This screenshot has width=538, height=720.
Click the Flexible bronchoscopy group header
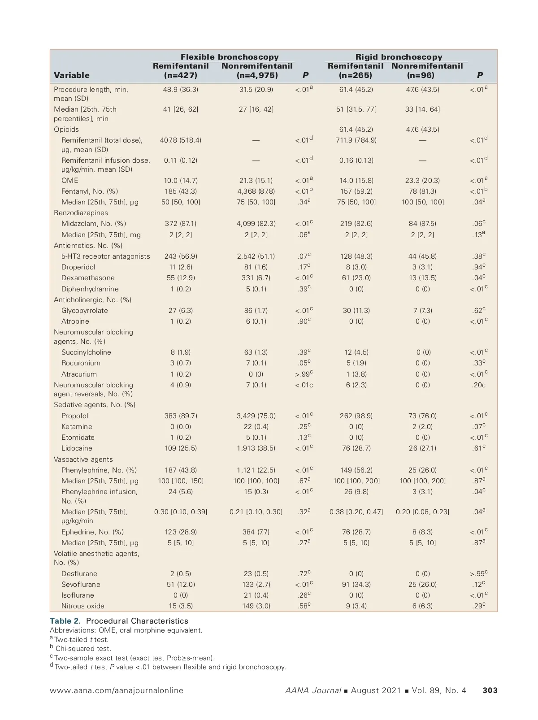(x=229, y=57)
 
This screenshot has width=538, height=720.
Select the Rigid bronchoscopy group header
(x=399, y=57)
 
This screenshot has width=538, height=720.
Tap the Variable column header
(x=72, y=75)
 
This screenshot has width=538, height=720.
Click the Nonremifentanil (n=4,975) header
(x=257, y=71)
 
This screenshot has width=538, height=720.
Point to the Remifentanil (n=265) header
(x=356, y=71)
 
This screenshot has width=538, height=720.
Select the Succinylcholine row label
(x=86, y=352)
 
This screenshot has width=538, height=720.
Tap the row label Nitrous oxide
(x=83, y=606)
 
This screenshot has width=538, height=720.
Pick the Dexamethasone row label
(x=88, y=278)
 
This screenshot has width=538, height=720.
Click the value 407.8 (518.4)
(x=181, y=140)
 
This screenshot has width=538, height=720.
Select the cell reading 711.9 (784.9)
(x=356, y=140)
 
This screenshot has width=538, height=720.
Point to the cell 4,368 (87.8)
(x=256, y=191)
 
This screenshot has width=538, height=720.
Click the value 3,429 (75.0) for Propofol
(x=256, y=416)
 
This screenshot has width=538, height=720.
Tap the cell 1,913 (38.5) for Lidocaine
(x=256, y=448)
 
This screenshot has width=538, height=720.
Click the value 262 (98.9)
(x=356, y=416)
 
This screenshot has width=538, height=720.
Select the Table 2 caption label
(x=66, y=621)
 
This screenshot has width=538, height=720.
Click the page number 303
(x=490, y=690)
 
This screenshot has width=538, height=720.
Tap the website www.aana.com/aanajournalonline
(x=117, y=690)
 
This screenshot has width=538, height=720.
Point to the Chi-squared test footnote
(x=83, y=649)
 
